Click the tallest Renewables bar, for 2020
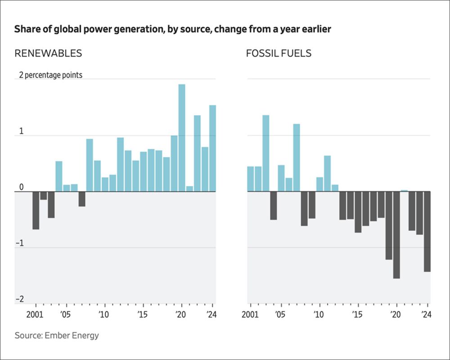click(182, 138)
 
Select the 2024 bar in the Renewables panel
click(212, 148)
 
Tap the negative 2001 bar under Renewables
click(36, 210)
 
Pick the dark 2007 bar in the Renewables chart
click(82, 199)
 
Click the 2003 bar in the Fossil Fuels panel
click(265, 153)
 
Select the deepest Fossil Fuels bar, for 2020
click(396, 235)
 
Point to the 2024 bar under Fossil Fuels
click(427, 231)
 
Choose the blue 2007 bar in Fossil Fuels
click(296, 157)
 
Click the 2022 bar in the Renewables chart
click(197, 153)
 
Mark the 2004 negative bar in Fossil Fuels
click(273, 206)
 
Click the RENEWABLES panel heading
click(48, 54)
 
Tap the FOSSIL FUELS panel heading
click(279, 54)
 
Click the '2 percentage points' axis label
click(50, 75)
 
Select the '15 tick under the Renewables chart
click(142, 314)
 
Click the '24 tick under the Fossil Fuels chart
click(426, 314)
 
